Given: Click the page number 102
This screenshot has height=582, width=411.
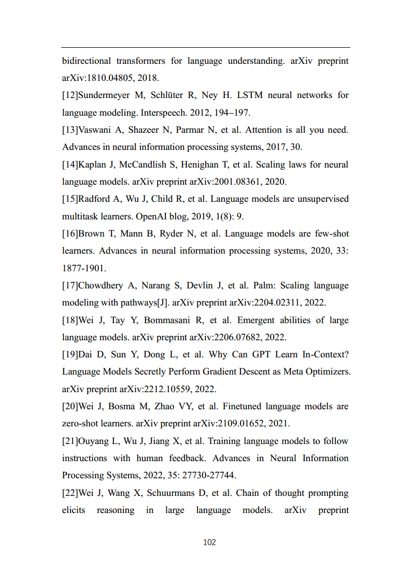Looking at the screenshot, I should click(209, 542).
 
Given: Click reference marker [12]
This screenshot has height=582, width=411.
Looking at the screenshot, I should click(70, 95).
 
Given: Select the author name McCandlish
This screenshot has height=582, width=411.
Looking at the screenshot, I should click(147, 165).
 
